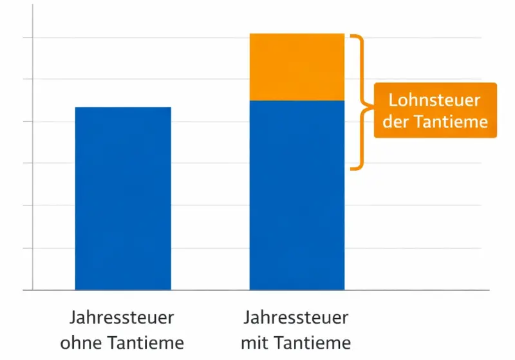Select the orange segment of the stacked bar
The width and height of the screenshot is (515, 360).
297,67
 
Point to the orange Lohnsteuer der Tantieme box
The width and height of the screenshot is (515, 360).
435,110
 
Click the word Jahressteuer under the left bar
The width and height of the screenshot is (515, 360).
122,318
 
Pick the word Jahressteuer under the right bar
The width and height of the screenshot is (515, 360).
296,318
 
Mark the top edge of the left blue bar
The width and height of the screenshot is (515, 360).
123,108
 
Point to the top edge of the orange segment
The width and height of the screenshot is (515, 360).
297,33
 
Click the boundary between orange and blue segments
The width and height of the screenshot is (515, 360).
297,101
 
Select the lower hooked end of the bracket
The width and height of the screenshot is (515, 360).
353,169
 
